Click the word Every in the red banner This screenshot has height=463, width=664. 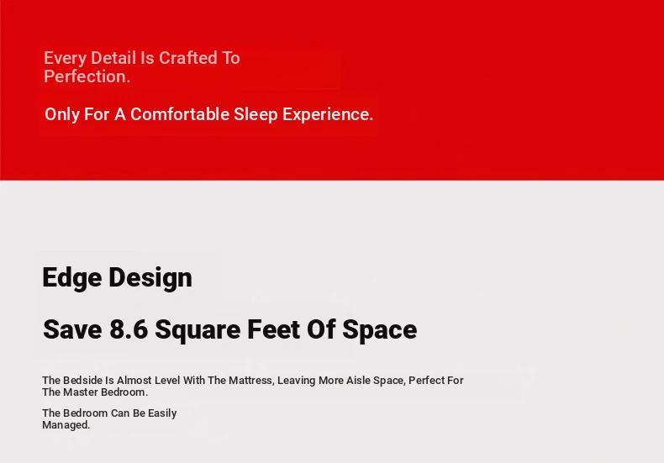[x=66, y=59]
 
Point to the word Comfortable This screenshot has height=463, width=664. [x=180, y=114]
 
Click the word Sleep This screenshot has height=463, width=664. [x=256, y=115]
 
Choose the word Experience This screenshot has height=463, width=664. [x=328, y=115]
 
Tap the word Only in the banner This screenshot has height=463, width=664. [x=62, y=115]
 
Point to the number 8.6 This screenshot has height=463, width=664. [x=129, y=329]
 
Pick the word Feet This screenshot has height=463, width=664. [x=273, y=329]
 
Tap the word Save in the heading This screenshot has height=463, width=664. [x=72, y=329]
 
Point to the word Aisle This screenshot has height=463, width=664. [x=359, y=381]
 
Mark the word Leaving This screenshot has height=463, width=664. [x=297, y=381]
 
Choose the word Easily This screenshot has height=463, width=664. [x=162, y=413]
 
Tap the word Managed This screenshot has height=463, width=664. [x=66, y=425]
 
